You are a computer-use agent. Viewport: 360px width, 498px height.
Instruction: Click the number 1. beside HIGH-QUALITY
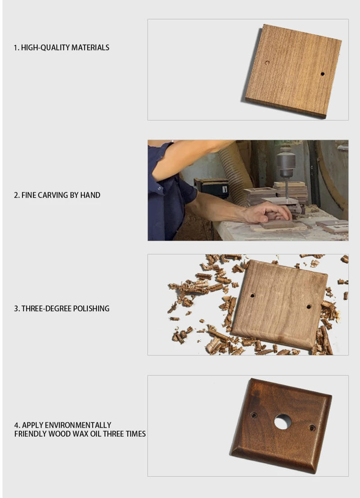coord(17,48)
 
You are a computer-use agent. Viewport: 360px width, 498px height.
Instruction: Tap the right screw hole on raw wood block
coord(322,74)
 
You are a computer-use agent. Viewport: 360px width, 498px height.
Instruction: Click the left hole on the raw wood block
coord(267,63)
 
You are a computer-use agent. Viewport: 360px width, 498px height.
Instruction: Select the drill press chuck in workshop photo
coord(285,162)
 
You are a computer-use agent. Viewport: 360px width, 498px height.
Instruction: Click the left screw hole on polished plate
coord(252,296)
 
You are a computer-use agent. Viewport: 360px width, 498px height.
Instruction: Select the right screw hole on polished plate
coord(309,306)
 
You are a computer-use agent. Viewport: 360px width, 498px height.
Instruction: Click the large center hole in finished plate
coord(283,422)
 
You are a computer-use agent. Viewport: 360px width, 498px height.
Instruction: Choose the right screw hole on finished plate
coord(312,428)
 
